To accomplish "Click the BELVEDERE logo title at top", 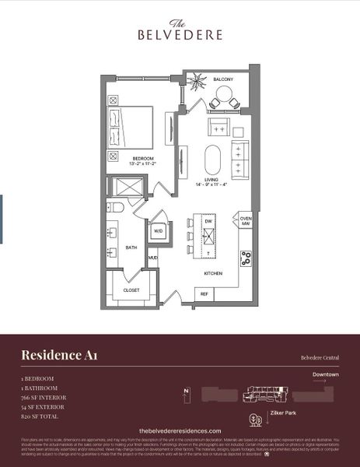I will [x=180, y=34].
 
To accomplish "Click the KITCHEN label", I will [x=213, y=273].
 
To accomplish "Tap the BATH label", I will [x=131, y=248].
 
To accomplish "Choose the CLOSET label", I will [x=131, y=290].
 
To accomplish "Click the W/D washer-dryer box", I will [x=158, y=230].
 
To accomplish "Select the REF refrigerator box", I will [x=204, y=293].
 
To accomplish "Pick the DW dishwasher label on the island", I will [x=208, y=221].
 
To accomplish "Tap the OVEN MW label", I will [x=246, y=222].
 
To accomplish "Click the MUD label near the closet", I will [x=153, y=257].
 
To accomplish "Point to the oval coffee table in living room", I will [x=213, y=160].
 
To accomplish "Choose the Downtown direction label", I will [x=326, y=374].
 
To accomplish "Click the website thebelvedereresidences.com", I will [x=180, y=430].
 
